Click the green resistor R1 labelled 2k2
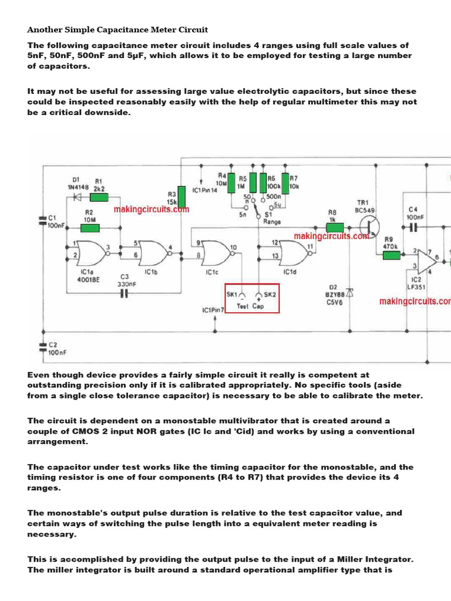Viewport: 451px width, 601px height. pos(99,198)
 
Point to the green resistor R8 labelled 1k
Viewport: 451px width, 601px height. pos(335,227)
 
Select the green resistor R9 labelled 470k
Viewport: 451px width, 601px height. pos(392,255)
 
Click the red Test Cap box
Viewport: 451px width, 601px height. pos(253,298)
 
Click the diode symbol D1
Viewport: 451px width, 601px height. pos(76,198)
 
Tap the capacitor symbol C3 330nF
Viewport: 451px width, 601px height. pos(124,293)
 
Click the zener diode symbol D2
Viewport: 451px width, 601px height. pos(349,292)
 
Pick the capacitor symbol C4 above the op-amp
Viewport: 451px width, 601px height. pos(413,227)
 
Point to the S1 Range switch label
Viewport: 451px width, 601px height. pos(272,218)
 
